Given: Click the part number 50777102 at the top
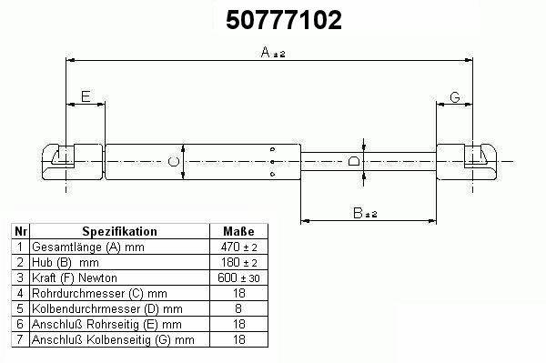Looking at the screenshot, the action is point(284,20).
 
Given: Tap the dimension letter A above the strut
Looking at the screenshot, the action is point(266,52).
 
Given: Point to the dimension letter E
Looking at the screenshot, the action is point(86,96).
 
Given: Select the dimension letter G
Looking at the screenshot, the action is point(455,97).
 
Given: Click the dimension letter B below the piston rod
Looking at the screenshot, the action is point(358,213).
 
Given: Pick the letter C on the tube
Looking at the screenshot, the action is point(174,162).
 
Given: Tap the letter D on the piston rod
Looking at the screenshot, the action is point(354,161).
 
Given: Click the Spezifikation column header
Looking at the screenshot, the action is point(119,231).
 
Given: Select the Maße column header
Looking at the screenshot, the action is point(238,231).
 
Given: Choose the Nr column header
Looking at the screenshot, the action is point(21,231).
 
